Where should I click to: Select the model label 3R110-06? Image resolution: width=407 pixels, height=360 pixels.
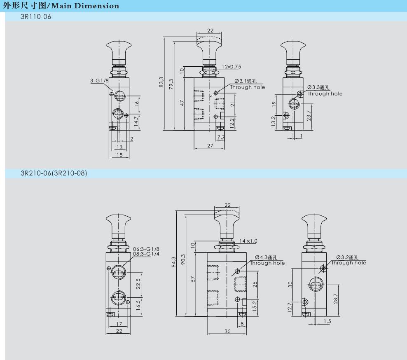point(36,16)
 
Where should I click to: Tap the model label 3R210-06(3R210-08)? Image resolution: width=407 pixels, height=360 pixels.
point(54,173)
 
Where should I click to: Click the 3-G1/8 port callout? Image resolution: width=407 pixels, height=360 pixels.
point(99,81)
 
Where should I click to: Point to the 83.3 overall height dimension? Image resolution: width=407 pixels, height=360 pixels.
point(161,82)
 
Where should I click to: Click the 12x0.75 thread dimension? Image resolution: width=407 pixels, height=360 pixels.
point(231,67)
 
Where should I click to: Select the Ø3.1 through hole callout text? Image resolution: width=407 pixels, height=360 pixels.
point(248,84)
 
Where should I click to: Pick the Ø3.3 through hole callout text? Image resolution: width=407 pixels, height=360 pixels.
point(325,91)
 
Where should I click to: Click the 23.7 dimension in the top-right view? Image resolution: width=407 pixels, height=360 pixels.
point(309,116)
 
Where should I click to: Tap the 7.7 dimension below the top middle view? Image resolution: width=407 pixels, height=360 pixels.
point(221,137)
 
